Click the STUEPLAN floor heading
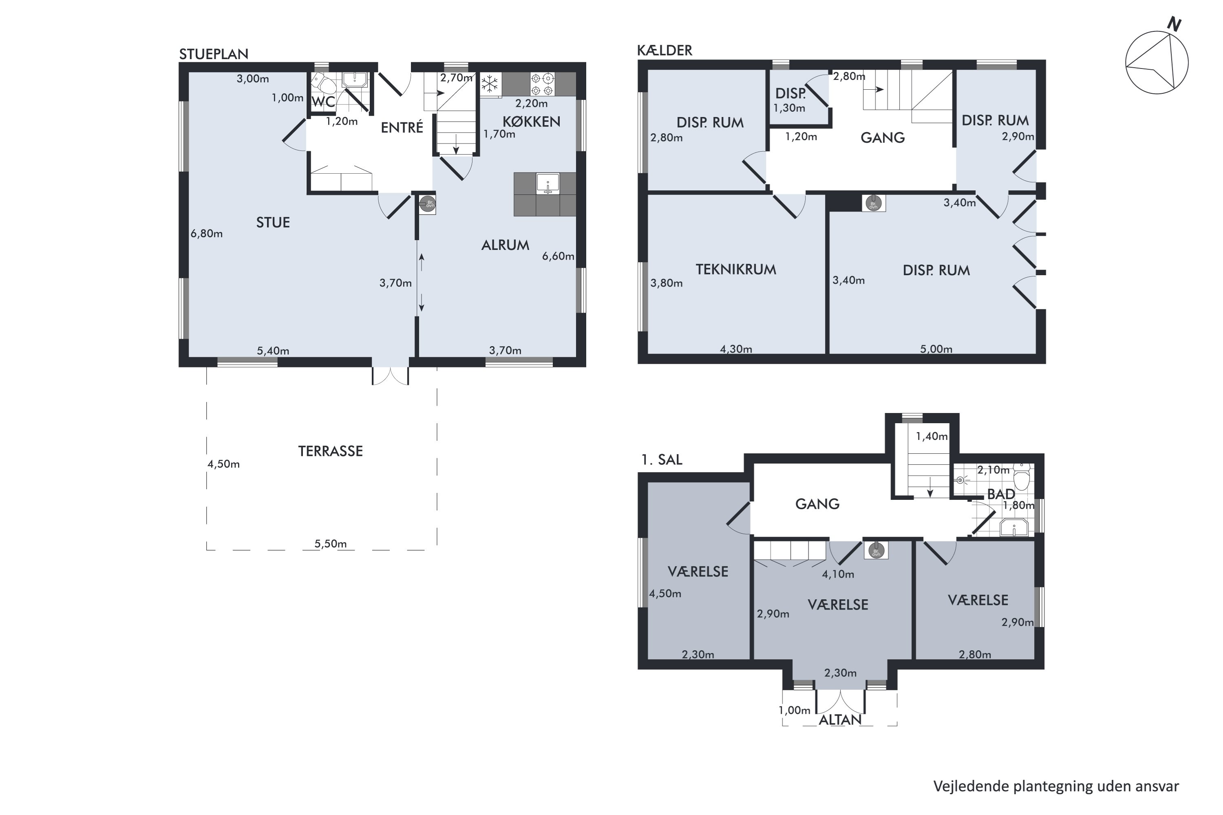click(214, 54)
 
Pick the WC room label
click(323, 102)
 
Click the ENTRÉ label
click(402, 127)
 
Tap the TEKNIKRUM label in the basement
click(735, 269)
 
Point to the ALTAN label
click(840, 720)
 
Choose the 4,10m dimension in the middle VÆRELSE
click(838, 574)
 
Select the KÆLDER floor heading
click(665, 51)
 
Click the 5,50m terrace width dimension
click(331, 544)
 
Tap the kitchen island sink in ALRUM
click(548, 184)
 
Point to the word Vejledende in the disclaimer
click(971, 786)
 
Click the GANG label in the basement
click(883, 138)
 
